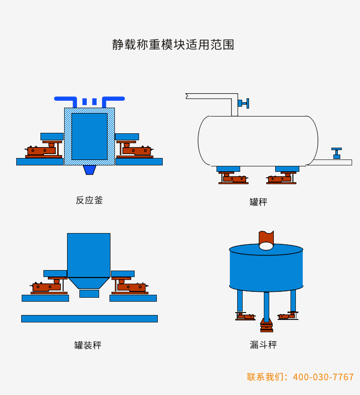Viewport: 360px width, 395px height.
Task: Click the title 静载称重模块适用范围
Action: click(x=173, y=45)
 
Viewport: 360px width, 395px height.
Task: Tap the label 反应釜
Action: click(x=89, y=200)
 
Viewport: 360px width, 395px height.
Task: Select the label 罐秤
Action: click(x=258, y=202)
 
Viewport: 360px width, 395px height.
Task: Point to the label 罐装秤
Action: click(x=88, y=345)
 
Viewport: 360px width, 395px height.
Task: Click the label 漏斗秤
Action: click(x=263, y=345)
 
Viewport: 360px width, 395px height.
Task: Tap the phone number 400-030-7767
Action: click(x=324, y=377)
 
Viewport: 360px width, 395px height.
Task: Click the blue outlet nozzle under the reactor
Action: click(x=89, y=169)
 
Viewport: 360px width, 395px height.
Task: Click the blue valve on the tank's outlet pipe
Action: click(x=336, y=153)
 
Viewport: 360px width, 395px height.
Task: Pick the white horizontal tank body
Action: click(x=257, y=141)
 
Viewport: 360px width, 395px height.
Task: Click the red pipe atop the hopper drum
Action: click(x=266, y=238)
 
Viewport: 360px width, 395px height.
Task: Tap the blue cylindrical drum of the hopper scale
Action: click(x=266, y=269)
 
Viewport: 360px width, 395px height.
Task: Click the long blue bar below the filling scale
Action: click(x=89, y=318)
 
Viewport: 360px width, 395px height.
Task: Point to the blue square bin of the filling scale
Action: click(x=89, y=255)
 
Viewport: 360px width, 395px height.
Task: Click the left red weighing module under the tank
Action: click(x=233, y=178)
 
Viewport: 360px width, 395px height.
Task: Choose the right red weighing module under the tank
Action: click(x=281, y=178)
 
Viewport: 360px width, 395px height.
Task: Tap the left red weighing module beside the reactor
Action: click(x=43, y=150)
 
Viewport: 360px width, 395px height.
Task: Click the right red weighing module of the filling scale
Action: click(x=130, y=286)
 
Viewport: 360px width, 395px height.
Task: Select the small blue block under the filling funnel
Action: click(x=89, y=293)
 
